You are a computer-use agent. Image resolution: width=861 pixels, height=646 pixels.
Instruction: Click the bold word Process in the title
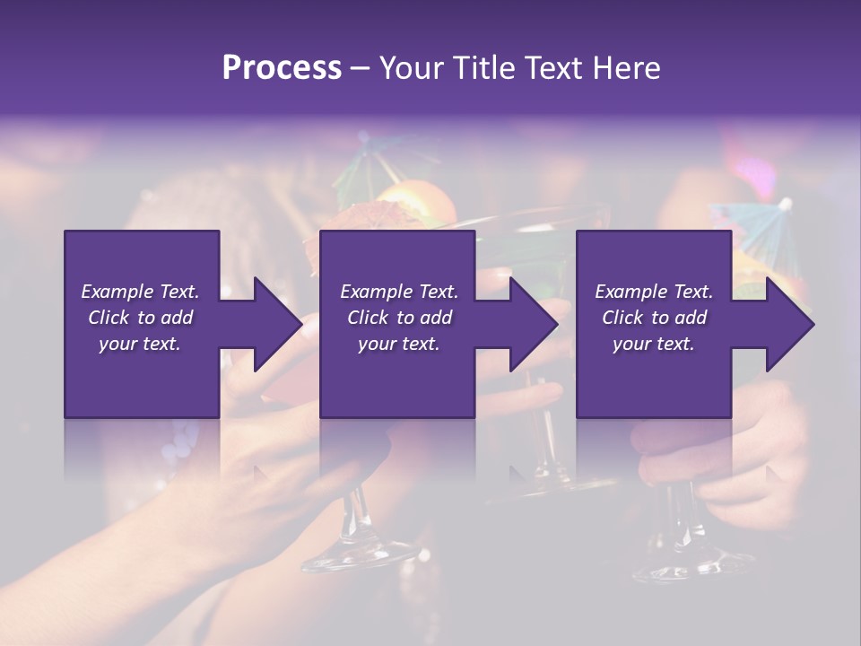pyautogui.click(x=282, y=67)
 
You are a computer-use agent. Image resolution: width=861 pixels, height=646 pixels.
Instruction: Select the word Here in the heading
pyautogui.click(x=626, y=67)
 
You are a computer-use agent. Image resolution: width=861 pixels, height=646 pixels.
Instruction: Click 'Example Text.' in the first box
pyautogui.click(x=140, y=292)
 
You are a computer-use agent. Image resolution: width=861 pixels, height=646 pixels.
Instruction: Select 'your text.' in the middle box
pyautogui.click(x=398, y=344)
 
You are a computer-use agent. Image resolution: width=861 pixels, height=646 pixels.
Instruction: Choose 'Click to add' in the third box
pyautogui.click(x=654, y=318)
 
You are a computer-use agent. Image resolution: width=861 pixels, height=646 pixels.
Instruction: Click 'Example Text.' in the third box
pyautogui.click(x=654, y=292)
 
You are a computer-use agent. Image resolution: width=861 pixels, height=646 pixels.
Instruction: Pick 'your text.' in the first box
pyautogui.click(x=140, y=344)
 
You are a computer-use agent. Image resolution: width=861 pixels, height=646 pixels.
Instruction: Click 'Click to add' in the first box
pyautogui.click(x=140, y=318)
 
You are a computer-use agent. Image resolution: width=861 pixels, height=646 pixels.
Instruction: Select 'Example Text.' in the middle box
pyautogui.click(x=398, y=292)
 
